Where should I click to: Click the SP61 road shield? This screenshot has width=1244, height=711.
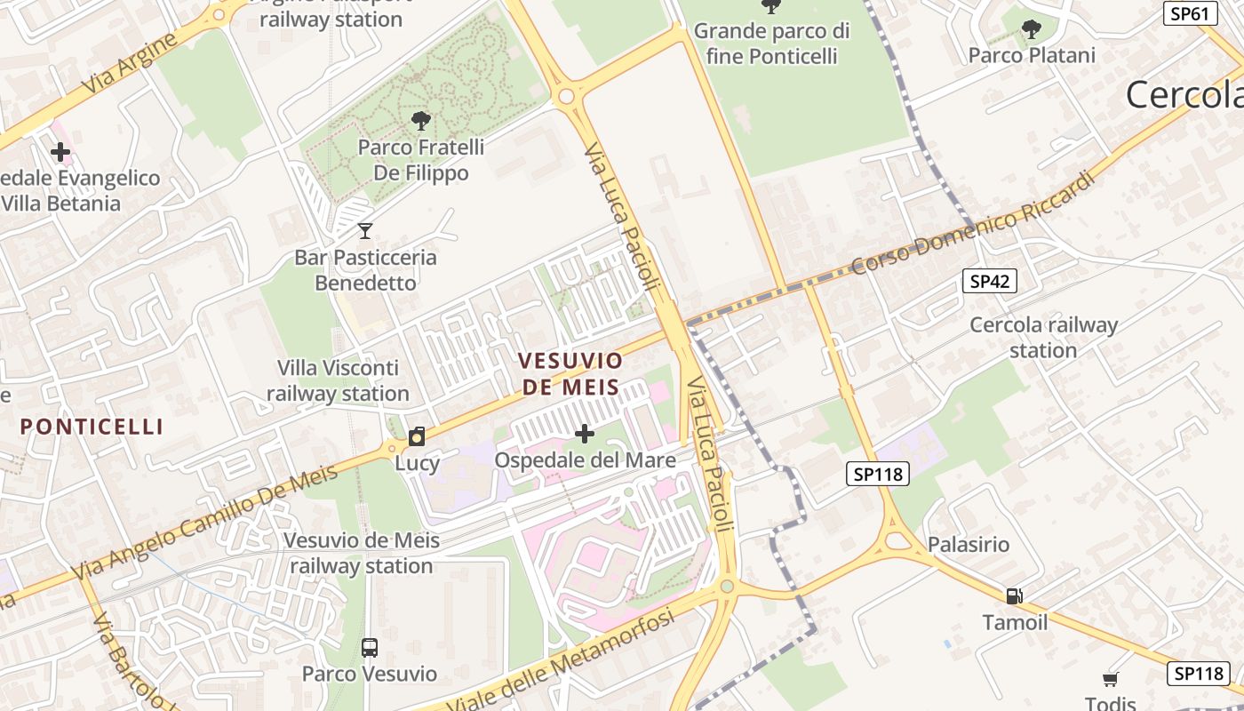coord(1189,13)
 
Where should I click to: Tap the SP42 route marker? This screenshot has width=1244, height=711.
coord(989,282)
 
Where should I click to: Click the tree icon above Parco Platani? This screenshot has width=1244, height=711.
coord(1031,30)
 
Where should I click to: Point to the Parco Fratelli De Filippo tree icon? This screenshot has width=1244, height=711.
coord(421,121)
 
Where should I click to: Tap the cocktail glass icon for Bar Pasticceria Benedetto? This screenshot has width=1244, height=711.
coord(364,231)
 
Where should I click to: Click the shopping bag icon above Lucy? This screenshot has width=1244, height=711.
coord(416,436)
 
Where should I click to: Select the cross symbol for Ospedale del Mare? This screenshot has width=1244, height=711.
coord(585,434)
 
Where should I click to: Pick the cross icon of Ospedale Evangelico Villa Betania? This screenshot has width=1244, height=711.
coord(60,152)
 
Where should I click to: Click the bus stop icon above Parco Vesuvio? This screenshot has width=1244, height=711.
coord(370,648)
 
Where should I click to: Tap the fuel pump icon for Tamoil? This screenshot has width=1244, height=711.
coord(1014,596)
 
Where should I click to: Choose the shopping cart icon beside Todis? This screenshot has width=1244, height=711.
coord(1110,680)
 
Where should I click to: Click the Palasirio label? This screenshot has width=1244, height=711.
coord(969,544)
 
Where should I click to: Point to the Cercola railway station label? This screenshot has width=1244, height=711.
coord(1043,338)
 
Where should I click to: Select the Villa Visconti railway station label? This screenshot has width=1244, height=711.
coord(338,380)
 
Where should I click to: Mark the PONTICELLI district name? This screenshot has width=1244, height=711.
coord(92,427)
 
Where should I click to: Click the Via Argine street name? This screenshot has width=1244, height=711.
coord(129,66)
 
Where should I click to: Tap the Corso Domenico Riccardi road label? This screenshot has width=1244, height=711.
coord(972,222)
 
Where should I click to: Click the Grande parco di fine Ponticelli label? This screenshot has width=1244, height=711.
coord(771,44)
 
